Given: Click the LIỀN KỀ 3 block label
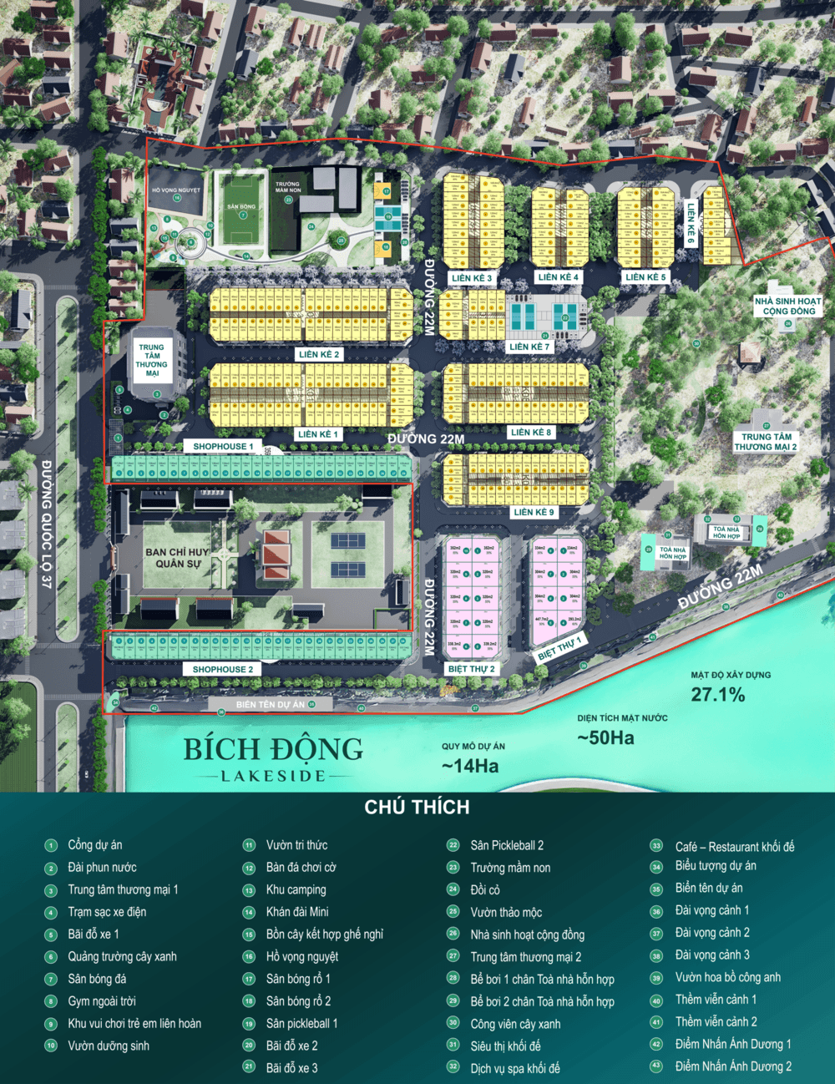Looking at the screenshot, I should point(472,278).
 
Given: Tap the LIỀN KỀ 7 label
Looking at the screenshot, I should point(529,347).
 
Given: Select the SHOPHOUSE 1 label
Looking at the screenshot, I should point(223,447).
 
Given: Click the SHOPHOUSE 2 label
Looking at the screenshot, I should point(222,669).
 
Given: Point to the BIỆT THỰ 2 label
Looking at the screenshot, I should point(471,669).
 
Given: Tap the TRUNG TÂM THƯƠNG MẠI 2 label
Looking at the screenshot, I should point(766,442).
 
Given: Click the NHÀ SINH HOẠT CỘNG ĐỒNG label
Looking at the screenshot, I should point(787,306).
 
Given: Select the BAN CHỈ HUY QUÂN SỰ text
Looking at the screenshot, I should point(176,557).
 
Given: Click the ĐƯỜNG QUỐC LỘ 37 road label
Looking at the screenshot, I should point(47,524).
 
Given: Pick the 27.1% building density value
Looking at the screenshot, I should point(717,695).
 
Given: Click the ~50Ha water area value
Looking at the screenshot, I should point(605,737).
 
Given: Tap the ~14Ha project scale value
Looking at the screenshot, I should point(470,766).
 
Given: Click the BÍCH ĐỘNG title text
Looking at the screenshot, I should point(273,749).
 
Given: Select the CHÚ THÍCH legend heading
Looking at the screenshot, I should point(417,807).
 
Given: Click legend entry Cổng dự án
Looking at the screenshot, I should point(94,845).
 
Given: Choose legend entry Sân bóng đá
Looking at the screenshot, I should point(97,979).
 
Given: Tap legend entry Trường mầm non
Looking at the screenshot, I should point(510,868).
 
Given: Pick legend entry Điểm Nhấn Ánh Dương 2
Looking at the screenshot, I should point(733,1066).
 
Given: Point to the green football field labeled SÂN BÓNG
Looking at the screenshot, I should point(242,213).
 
